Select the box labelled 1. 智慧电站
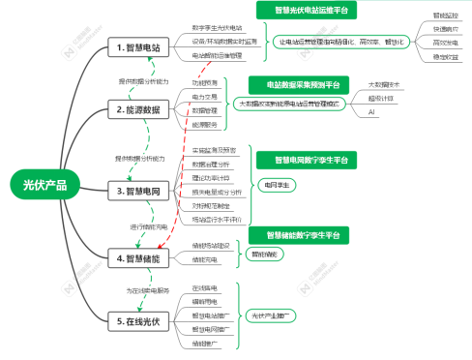pos(144,47)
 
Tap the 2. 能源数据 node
pos(144,112)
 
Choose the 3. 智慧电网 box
pos(144,191)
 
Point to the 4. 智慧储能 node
pos(144,257)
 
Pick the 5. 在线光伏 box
pos(144,320)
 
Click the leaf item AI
pos(371,113)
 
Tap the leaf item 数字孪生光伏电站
pos(217,28)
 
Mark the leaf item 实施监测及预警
pos(214,151)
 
